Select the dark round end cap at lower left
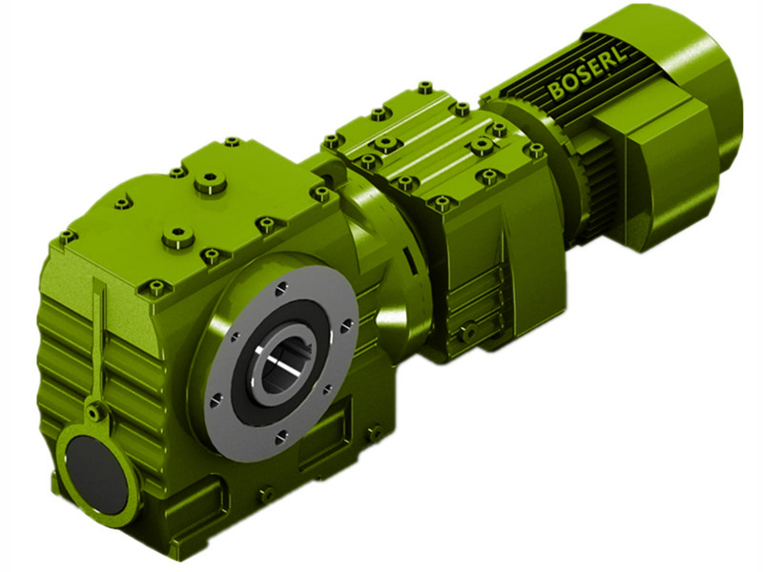click(x=96, y=472)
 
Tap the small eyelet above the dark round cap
click(x=94, y=413)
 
